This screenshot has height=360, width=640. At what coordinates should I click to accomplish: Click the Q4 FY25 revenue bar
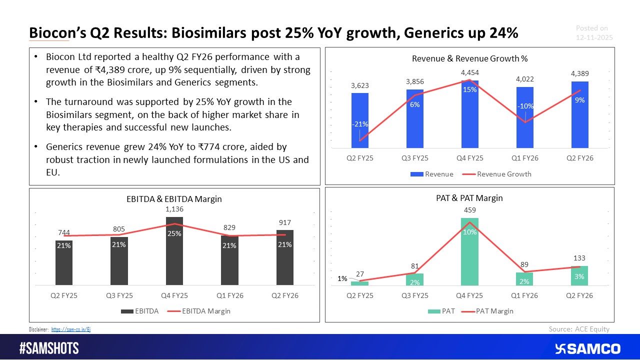coord(469,115)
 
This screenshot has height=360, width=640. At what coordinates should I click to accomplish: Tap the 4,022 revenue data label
coord(525,78)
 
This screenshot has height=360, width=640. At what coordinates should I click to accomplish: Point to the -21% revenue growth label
coord(360,124)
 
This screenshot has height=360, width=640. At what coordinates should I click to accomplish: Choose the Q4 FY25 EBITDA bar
coord(174,250)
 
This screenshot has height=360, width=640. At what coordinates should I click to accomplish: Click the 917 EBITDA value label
coord(284,222)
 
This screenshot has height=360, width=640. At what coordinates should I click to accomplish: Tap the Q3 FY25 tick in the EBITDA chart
coord(119,295)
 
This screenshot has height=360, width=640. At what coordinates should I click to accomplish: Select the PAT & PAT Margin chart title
coord(469,198)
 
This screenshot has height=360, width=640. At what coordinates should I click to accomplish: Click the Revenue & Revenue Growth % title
coord(469,58)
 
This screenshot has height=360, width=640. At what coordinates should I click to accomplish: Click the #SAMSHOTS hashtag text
coord(48,348)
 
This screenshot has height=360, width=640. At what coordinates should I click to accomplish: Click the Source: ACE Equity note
coord(579,328)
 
